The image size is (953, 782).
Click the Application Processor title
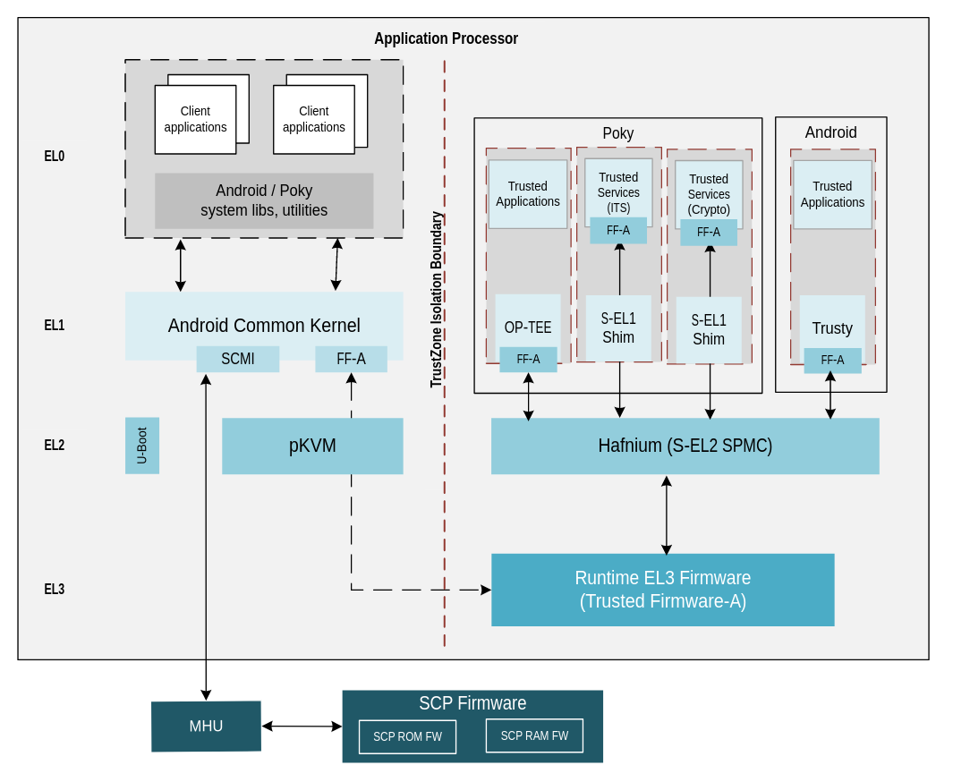click(446, 38)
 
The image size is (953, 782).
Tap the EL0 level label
click(55, 156)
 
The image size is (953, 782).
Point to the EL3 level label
click(55, 589)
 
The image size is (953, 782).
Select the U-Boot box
click(142, 445)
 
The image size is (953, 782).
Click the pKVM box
click(312, 446)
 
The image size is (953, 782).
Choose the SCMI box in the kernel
click(238, 359)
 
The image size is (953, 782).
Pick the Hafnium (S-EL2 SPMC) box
click(685, 446)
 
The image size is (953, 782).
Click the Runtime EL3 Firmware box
click(662, 590)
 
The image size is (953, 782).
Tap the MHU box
click(206, 726)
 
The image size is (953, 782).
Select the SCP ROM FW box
click(407, 736)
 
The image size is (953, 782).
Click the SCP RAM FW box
click(534, 735)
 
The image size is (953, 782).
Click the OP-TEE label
click(528, 327)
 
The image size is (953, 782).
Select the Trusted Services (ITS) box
click(618, 191)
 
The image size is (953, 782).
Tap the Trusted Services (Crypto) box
click(709, 193)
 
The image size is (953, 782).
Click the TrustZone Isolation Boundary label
click(437, 299)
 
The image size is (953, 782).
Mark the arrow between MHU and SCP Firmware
click(302, 726)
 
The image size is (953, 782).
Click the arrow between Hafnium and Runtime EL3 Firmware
click(667, 514)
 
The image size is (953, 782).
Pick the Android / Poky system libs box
click(264, 200)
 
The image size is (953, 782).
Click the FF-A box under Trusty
click(832, 360)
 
